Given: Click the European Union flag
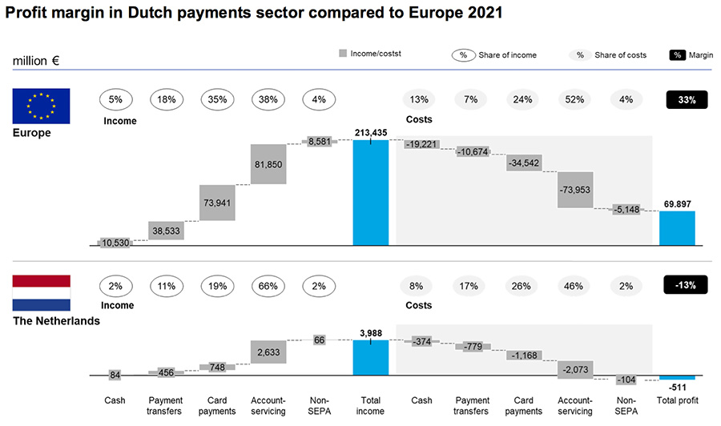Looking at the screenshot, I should coord(42,106).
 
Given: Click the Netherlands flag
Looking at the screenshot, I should coord(42,292).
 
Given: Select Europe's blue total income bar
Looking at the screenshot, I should coord(370,192).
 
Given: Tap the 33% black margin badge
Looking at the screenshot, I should coord(687,100).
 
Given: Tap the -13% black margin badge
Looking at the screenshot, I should coord(687,284).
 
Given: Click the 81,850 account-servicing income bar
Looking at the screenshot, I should coord(268,165).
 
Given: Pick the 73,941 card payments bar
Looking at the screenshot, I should coord(217,203).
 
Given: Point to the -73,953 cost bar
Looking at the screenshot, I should coord(575,190).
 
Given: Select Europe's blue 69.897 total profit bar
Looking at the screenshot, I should coord(677,228).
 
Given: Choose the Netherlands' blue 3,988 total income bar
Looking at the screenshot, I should coord(370,357).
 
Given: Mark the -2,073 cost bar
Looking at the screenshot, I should coord(575,368).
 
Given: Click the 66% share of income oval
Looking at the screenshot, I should coord(268,284).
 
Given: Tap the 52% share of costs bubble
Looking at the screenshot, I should coord(575,100).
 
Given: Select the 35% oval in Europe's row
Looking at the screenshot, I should coord(217,100).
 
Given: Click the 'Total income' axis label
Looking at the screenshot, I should coord(370,405).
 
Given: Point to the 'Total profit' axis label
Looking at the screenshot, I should coord(677,400).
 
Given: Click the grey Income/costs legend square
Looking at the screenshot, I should coord(342,54).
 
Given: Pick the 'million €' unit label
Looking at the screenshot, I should coord(36,61).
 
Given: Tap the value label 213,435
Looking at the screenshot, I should coord(370,132).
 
